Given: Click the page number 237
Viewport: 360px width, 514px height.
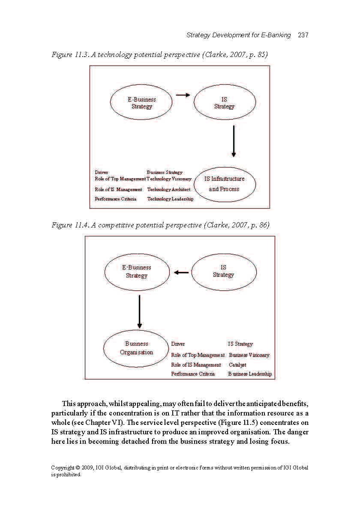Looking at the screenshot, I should [303, 35].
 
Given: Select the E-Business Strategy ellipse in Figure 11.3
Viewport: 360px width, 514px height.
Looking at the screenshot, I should [141, 103].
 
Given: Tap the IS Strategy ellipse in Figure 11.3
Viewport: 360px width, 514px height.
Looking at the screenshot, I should [225, 103].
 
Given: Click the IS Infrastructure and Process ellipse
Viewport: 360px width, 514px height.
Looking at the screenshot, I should [225, 184].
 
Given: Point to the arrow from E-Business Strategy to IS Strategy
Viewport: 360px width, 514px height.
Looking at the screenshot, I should [183, 95].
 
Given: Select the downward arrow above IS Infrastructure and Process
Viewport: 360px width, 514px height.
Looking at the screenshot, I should [234, 141].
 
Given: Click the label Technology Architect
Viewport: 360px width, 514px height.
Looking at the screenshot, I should [169, 189].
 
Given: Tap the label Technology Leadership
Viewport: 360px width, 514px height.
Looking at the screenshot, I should [170, 199].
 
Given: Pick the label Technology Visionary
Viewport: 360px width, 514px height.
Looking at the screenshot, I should [169, 179].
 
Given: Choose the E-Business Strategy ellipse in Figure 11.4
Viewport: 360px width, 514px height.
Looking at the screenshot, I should [137, 272].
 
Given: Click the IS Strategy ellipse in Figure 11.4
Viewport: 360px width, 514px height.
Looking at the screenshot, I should [223, 271].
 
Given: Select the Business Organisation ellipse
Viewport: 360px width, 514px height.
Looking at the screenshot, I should [136, 348].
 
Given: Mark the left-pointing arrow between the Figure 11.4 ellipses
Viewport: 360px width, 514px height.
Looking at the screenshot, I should [181, 272].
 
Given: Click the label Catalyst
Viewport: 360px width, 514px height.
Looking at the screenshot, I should [237, 365].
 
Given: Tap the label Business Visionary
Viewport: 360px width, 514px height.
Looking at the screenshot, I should [249, 355].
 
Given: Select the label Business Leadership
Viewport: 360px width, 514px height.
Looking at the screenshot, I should [250, 374].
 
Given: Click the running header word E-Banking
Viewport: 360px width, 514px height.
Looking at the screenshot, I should [276, 35].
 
